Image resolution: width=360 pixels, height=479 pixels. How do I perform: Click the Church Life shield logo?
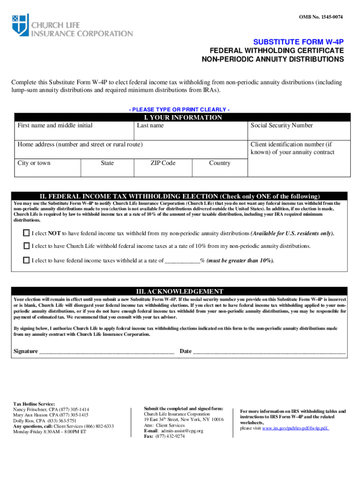coord(21,25)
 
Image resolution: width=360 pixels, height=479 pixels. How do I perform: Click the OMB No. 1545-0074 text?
coord(321,17)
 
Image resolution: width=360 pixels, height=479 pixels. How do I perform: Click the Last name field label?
coord(150,125)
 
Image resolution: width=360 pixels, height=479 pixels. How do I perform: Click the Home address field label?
coord(80,145)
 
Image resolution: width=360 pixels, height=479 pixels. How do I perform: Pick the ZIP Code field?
coord(163,168)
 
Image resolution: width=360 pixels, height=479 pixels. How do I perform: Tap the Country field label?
coord(220,163)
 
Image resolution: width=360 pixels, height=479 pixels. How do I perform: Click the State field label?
coord(107,163)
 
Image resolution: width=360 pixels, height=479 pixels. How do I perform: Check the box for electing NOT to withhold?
coord(26,233)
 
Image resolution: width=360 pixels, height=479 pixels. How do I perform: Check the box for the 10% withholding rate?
coord(26,246)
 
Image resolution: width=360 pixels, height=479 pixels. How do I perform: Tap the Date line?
coord(269,352)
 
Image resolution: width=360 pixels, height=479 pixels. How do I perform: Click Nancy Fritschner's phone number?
coord(74,409)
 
